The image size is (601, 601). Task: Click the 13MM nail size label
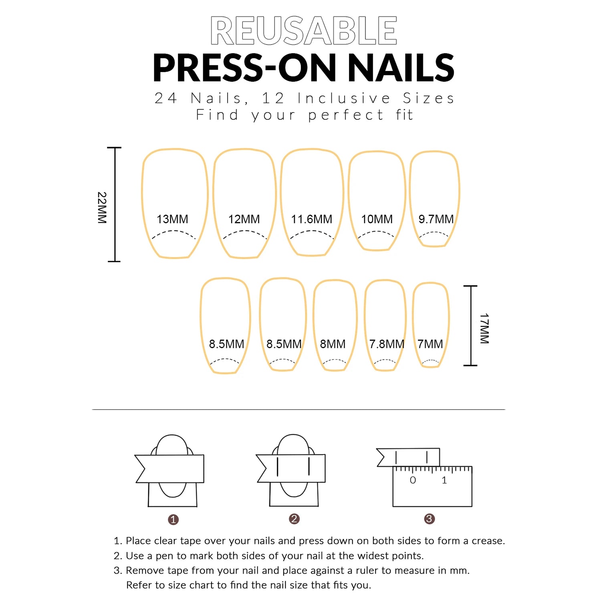point(172,219)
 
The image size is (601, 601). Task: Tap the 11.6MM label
point(311,219)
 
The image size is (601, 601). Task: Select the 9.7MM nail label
point(436,219)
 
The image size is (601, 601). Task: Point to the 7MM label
point(430,344)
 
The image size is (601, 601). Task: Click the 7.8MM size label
point(387,344)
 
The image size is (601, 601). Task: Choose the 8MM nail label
point(333,344)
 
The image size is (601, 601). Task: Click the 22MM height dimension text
point(102,208)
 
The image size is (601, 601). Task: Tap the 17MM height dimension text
point(484,329)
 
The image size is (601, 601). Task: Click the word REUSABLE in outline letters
point(303,31)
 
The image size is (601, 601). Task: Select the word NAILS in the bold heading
point(401,68)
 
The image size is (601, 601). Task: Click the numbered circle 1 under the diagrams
point(173,520)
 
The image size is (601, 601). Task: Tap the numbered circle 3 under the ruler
point(429,519)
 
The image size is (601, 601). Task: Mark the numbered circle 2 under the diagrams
point(294,519)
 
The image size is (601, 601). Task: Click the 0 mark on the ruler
point(413,480)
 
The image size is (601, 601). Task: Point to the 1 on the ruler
point(444,480)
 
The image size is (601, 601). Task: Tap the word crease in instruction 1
point(487,541)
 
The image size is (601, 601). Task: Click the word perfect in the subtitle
point(346,115)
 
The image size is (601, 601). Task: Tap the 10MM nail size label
point(377,219)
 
